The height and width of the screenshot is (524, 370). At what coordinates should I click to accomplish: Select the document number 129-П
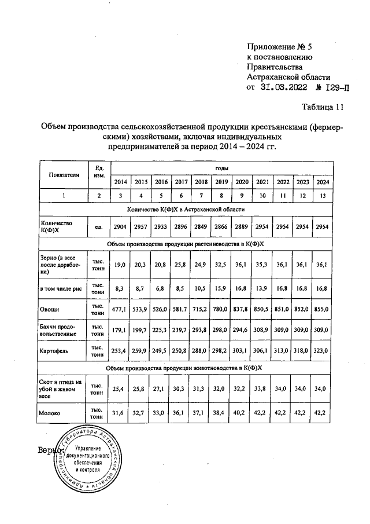point(333,89)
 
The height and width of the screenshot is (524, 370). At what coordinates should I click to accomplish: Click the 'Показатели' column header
point(64,174)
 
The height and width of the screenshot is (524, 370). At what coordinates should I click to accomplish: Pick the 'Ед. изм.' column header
point(99,171)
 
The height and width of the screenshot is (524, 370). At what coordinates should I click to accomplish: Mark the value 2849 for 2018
point(201,227)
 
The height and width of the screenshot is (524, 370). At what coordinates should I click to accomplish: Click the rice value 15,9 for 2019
point(221,288)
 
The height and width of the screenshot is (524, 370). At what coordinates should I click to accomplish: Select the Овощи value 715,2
point(201,310)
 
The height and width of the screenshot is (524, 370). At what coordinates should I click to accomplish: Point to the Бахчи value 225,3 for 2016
point(161,330)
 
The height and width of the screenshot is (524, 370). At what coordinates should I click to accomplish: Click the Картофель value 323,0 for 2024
point(321,351)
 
